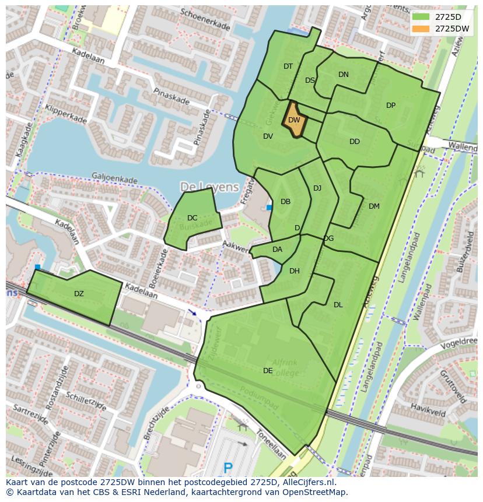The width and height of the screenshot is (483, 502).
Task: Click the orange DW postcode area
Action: pos(294,120)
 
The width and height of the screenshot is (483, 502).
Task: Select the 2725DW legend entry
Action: pos(443,29)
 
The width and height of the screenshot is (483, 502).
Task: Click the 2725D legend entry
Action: pos(443,17)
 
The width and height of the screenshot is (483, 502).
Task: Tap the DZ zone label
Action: pos(79,294)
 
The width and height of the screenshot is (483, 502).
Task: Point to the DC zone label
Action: pos(192,218)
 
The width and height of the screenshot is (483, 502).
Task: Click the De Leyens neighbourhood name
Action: pos(209,187)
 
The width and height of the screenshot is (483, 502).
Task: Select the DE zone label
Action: pos(268,370)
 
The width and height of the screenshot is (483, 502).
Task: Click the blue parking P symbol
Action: pos(228,467)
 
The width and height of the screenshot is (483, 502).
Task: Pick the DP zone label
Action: pos(391,106)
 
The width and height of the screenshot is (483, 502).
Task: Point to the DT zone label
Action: pos(288,66)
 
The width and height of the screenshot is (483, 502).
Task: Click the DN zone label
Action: pos(344,74)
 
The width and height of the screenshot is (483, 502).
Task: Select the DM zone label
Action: pos(374,206)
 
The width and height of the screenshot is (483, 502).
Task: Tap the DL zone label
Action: pos(338,304)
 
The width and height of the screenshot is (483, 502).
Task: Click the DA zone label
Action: pos(277,250)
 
